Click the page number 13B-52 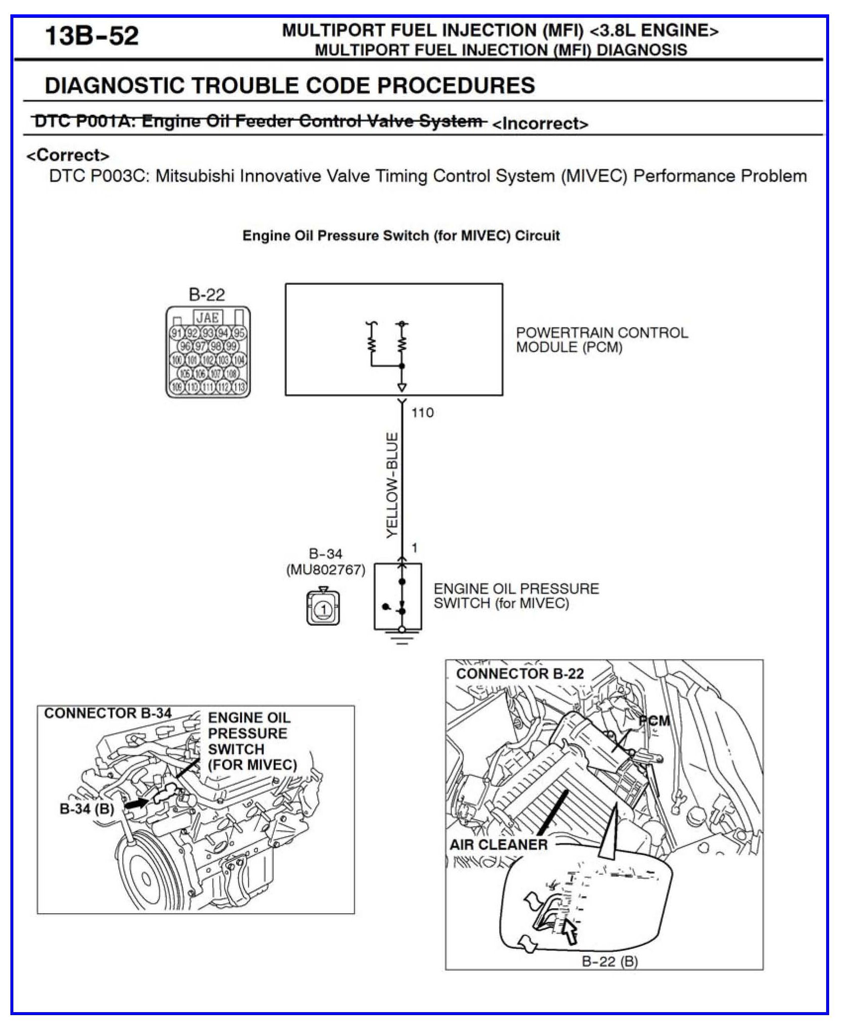click(92, 36)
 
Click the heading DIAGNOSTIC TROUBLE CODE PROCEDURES click(290, 86)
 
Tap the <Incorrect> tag click(540, 124)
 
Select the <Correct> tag click(68, 155)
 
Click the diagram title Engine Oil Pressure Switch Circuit click(400, 235)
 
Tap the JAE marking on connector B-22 click(207, 317)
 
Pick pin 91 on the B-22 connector click(176, 333)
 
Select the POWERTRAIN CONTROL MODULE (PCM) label click(601, 340)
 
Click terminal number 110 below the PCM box click(422, 413)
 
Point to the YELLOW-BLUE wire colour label click(392, 485)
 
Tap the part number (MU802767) click(326, 570)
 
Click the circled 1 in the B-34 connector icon click(323, 609)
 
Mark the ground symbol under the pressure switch click(402, 639)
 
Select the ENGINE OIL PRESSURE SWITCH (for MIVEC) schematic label click(516, 596)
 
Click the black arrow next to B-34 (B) click(136, 804)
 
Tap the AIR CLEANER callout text click(498, 844)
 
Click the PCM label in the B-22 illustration click(654, 721)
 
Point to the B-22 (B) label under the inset click(609, 962)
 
